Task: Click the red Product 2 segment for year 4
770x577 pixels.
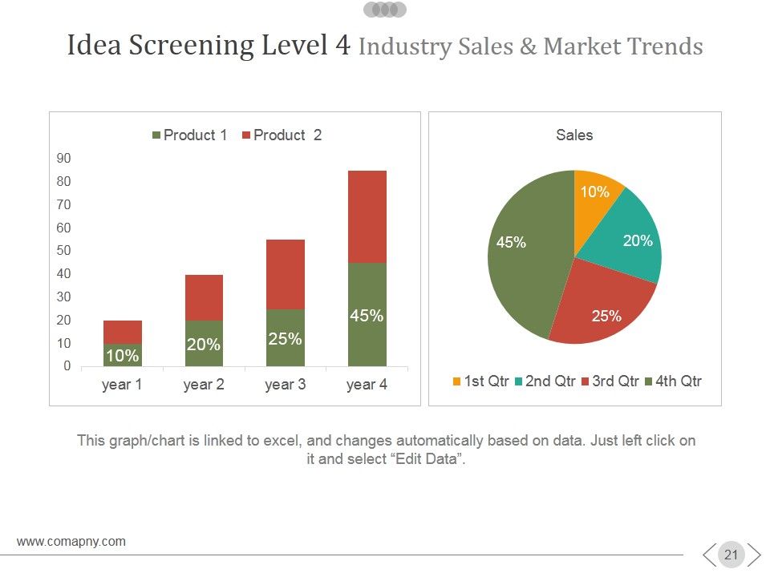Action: [x=367, y=217]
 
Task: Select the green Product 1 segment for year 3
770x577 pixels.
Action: [x=286, y=337]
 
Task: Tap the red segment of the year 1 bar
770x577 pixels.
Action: [x=123, y=332]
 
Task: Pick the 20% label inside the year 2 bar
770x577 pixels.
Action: [x=203, y=345]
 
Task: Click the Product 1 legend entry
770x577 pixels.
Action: [x=189, y=135]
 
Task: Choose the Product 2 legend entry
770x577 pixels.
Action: [x=282, y=135]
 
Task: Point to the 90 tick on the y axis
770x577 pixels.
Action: [x=64, y=159]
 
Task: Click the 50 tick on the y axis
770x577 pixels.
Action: [x=64, y=251]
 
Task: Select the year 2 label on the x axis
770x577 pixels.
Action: [x=204, y=384]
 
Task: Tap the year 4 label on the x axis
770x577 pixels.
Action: [x=367, y=384]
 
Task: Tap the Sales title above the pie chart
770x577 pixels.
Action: [x=574, y=135]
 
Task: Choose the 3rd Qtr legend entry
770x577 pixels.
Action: [x=610, y=381]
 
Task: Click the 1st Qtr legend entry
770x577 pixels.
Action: [x=480, y=381]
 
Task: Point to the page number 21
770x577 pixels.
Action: [x=731, y=555]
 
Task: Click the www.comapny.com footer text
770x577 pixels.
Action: [x=71, y=542]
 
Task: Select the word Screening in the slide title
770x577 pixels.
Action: [x=191, y=45]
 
